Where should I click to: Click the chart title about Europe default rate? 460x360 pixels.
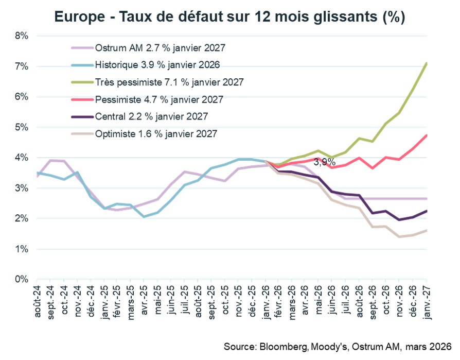click(x=229, y=17)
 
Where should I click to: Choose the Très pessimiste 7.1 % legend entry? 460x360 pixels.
click(x=169, y=82)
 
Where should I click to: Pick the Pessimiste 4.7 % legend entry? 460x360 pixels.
click(x=159, y=99)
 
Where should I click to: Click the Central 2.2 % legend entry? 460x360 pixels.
click(x=151, y=116)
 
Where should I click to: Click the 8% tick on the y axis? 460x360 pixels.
click(x=21, y=36)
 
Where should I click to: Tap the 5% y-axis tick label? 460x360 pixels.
click(x=21, y=127)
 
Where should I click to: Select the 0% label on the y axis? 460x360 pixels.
click(x=21, y=280)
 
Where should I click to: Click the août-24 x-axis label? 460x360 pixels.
click(x=37, y=302)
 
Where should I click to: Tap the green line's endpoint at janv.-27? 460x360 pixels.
click(x=427, y=63)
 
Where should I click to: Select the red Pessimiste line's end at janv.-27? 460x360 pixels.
click(x=427, y=135)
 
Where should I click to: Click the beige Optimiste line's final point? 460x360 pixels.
click(x=427, y=230)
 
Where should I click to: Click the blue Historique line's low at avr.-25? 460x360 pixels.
click(x=144, y=217)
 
